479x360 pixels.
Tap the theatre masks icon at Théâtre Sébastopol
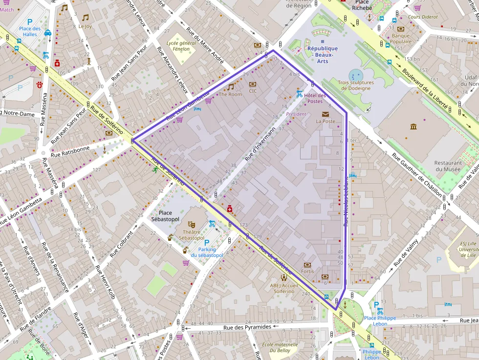191,224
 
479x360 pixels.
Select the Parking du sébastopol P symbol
206,243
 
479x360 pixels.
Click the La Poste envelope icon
325,114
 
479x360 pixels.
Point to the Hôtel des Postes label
315,98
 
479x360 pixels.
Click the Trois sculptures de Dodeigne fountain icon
355,76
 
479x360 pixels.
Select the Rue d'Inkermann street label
260,144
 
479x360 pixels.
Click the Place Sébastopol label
165,216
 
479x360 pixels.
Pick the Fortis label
307,272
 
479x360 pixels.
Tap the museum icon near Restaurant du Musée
414,127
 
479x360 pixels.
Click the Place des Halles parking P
29,21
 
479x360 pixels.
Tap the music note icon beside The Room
230,87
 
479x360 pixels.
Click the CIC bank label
253,91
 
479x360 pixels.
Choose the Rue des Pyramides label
247,327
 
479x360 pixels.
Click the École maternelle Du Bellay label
280,347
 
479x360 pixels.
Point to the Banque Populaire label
401,39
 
